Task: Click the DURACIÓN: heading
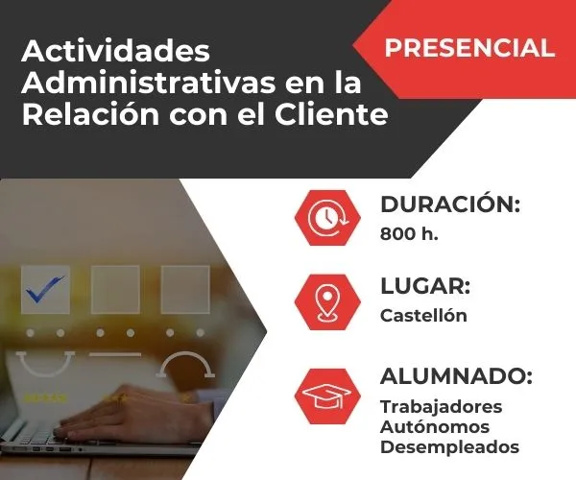[450, 204]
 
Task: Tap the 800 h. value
[409, 233]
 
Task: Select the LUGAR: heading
[425, 286]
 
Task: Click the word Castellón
[423, 315]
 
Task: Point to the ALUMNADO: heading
[456, 375]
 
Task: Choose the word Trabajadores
[441, 406]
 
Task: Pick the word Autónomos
[435, 426]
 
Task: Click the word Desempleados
[449, 446]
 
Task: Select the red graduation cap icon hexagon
[327, 394]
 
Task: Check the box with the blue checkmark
[45, 289]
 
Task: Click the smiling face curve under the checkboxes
[45, 363]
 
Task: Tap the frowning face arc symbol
[186, 364]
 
